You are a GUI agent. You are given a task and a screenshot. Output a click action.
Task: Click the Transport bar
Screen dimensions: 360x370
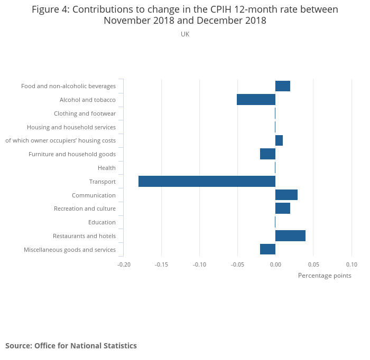[207, 182]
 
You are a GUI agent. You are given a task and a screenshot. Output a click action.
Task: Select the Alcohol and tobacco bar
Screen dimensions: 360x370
[256, 100]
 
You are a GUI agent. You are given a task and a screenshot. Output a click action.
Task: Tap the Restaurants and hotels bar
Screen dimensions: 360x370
[290, 236]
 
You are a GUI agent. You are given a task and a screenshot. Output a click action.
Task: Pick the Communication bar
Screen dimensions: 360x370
[286, 195]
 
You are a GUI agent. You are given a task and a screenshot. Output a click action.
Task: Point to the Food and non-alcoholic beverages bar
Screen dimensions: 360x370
[283, 86]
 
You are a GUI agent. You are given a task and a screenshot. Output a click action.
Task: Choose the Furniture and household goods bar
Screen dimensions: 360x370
[267, 154]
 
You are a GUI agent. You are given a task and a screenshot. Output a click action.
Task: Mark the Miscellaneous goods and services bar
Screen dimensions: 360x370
[267, 250]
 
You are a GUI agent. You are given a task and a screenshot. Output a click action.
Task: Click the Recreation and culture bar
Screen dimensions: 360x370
[283, 209]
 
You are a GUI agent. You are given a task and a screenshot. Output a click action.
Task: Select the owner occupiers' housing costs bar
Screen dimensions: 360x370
[279, 140]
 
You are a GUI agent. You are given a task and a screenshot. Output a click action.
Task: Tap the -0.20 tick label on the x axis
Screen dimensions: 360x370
[124, 264]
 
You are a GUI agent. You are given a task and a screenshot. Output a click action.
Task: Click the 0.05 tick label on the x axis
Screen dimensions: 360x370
[313, 264]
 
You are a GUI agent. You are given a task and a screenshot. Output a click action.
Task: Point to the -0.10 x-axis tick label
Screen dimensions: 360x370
[199, 264]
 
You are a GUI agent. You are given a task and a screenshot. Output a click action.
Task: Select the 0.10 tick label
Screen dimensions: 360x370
[351, 264]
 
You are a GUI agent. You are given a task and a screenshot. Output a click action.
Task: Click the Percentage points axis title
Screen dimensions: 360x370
[325, 276]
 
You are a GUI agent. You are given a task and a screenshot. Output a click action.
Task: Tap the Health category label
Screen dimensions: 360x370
[107, 168]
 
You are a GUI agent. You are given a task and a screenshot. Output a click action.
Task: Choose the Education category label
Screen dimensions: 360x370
[102, 222]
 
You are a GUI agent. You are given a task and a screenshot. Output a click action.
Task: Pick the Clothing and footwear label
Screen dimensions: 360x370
[85, 113]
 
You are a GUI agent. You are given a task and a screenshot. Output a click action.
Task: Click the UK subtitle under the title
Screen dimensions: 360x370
[185, 34]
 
